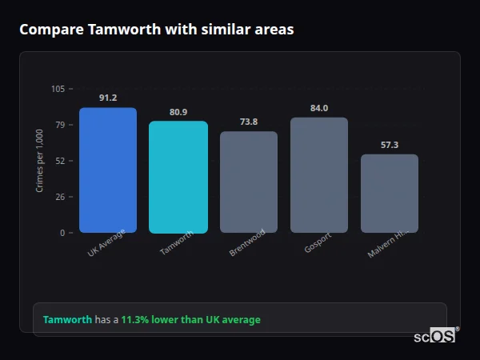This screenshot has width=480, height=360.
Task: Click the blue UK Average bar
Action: click(x=108, y=170)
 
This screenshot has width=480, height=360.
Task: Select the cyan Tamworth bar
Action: click(x=178, y=177)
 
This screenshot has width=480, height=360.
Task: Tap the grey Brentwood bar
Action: click(x=249, y=182)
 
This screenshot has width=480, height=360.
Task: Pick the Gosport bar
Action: click(x=319, y=175)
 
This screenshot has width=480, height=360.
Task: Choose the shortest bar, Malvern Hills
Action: click(x=390, y=194)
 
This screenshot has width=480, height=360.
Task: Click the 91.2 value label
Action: click(x=108, y=98)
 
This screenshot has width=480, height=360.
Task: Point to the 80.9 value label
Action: click(x=178, y=112)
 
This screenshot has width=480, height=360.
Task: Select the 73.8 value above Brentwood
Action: click(x=249, y=122)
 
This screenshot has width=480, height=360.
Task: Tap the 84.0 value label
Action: click(x=319, y=108)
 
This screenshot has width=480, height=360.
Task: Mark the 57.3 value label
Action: click(x=390, y=145)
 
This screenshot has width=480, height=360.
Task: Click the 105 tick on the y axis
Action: click(x=58, y=89)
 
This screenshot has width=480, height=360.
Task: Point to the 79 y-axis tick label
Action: click(x=59, y=125)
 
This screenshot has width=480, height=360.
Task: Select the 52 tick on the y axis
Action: click(x=59, y=161)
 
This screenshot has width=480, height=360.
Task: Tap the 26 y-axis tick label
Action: click(x=59, y=197)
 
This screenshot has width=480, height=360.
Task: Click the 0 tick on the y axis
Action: click(x=62, y=233)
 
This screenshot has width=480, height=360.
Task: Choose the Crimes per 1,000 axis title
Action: click(x=40, y=161)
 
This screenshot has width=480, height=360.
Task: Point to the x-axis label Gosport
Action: click(x=318, y=242)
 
